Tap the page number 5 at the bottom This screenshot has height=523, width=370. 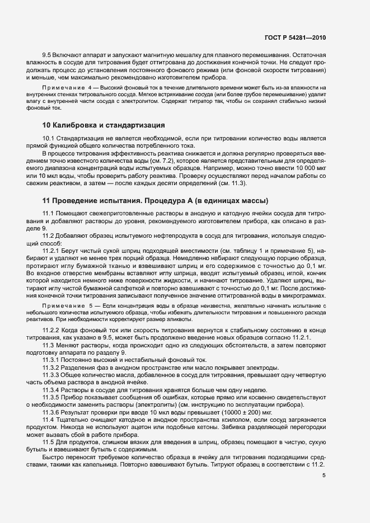point(324,476)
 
